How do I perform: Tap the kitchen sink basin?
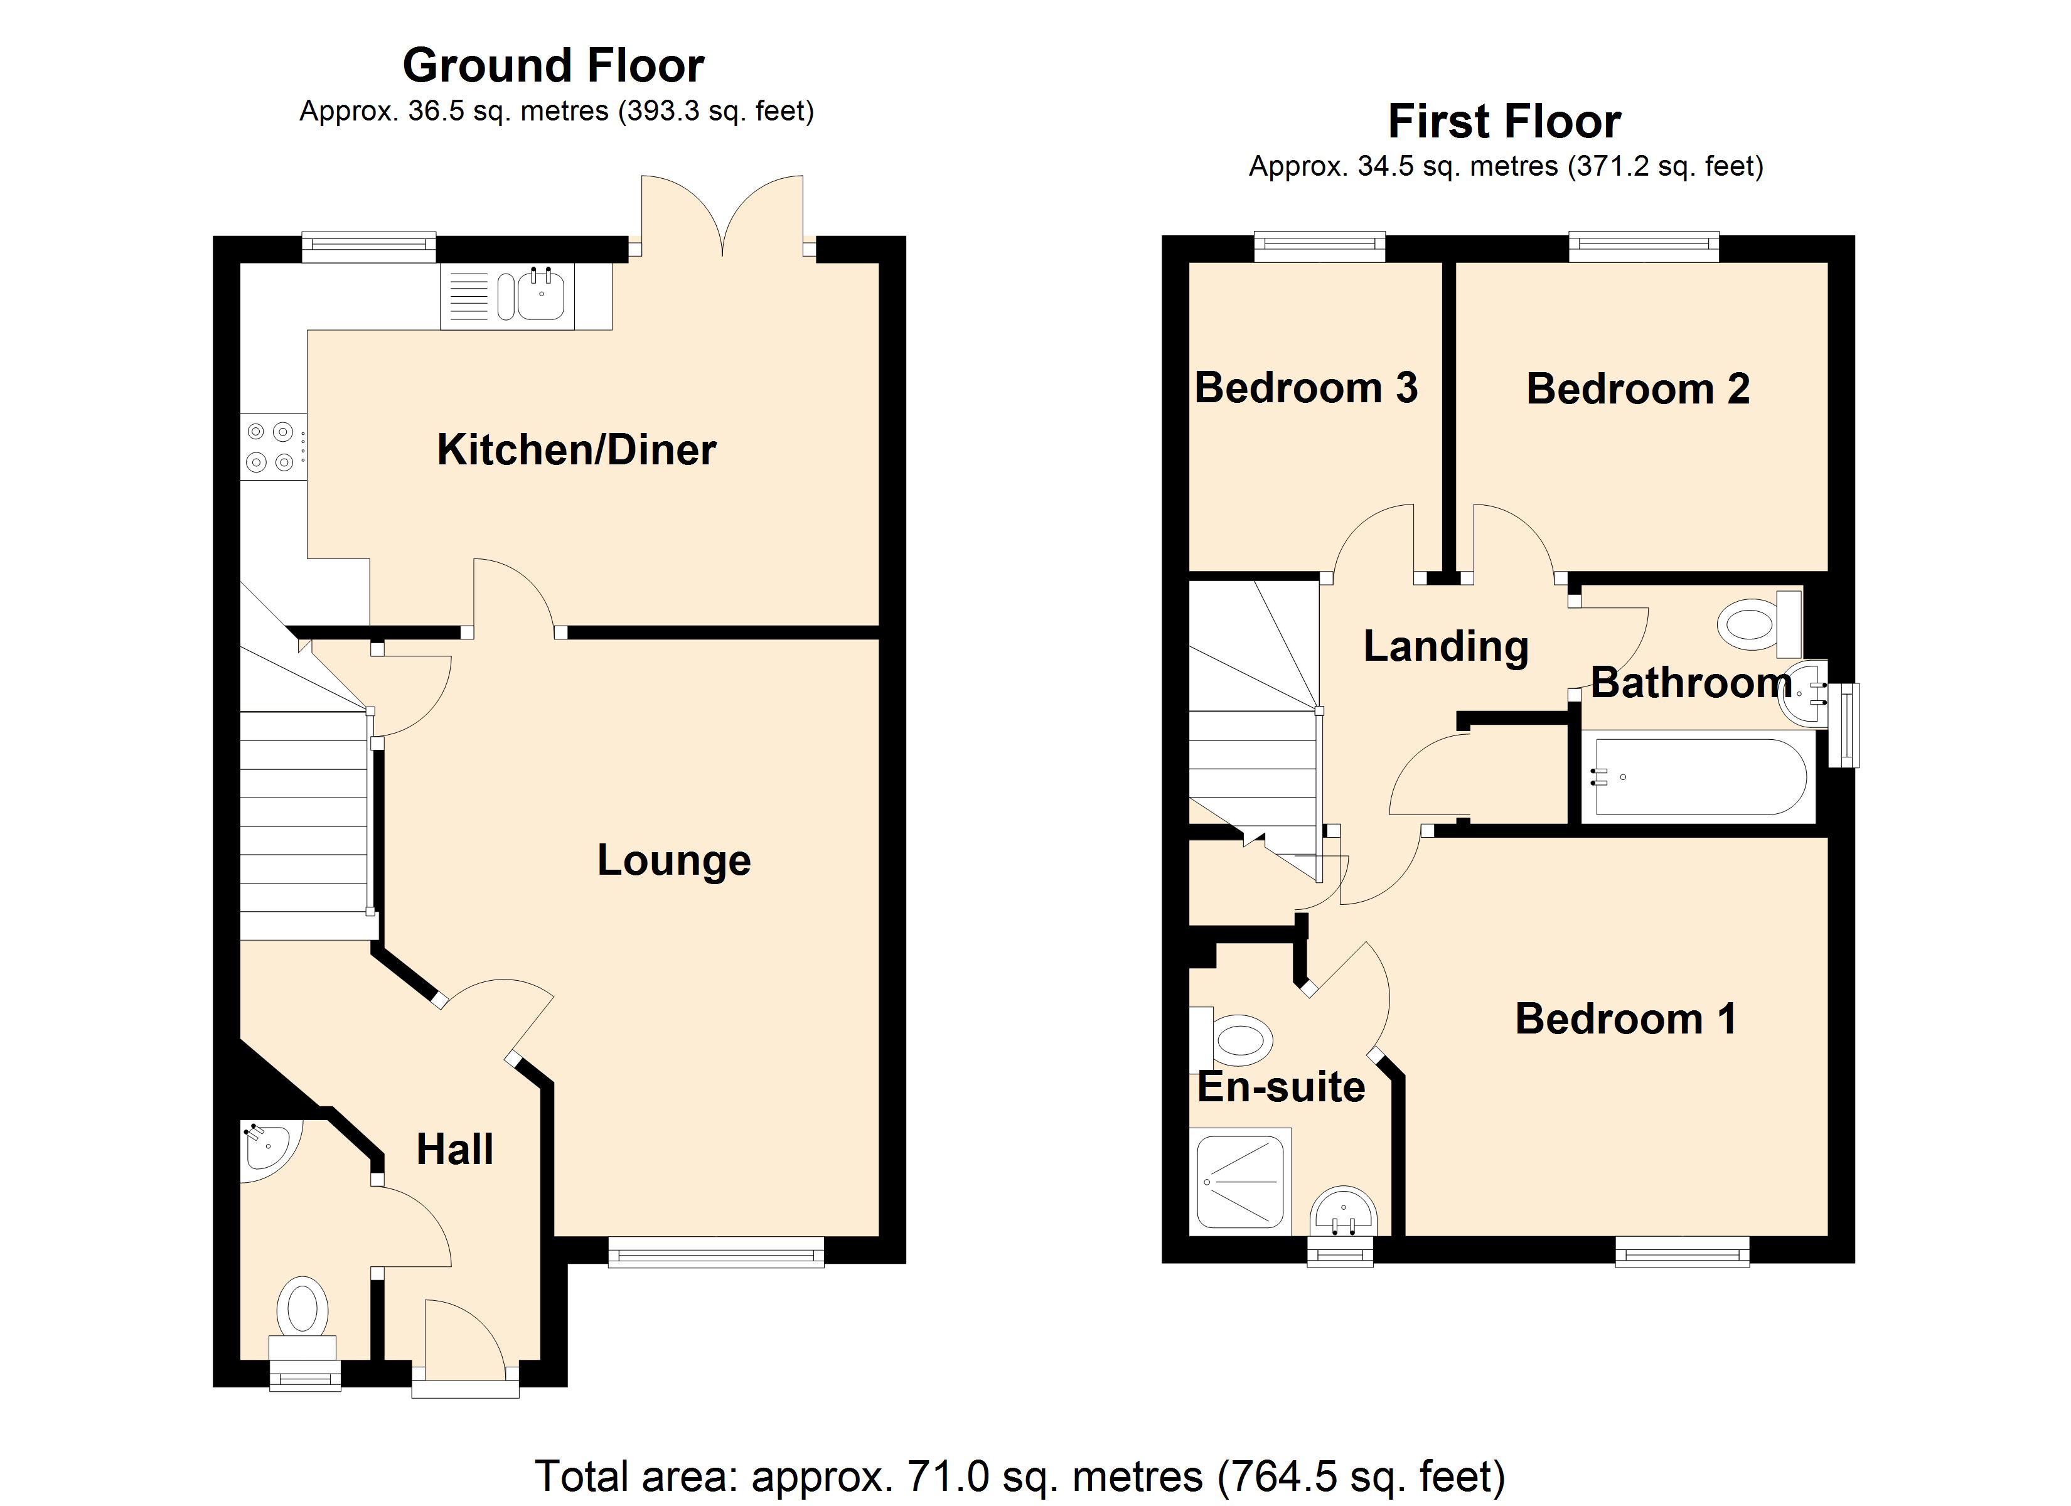point(542,295)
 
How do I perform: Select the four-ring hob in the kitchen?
point(271,447)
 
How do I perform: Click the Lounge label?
point(674,860)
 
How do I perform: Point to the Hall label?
point(455,1150)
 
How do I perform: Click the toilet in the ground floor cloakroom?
point(303,1310)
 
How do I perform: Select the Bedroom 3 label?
point(1306,388)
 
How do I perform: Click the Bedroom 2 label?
point(1638,389)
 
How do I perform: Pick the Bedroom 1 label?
point(1625,1019)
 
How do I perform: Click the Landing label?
point(1445,646)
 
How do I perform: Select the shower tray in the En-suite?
point(1241,1182)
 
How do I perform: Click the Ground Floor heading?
point(554,66)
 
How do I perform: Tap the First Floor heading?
point(1504,122)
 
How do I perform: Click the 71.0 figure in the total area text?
point(949,1476)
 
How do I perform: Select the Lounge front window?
point(716,1251)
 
